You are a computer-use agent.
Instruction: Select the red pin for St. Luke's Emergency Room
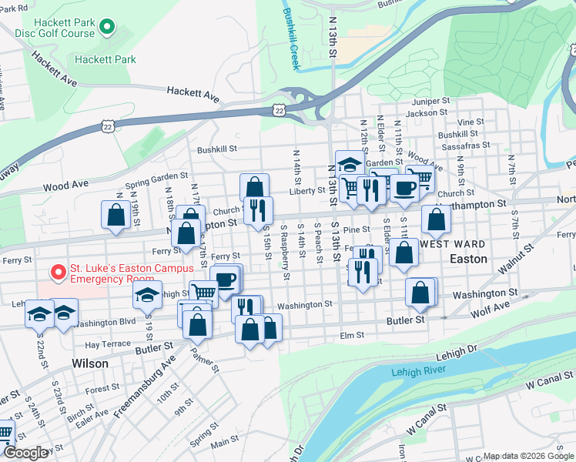pos(56,273)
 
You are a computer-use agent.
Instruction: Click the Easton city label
pos(468,259)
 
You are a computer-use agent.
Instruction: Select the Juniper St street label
pos(430,101)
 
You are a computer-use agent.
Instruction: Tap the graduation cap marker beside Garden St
pos(350,163)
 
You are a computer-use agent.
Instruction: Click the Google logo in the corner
pos(25,453)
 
